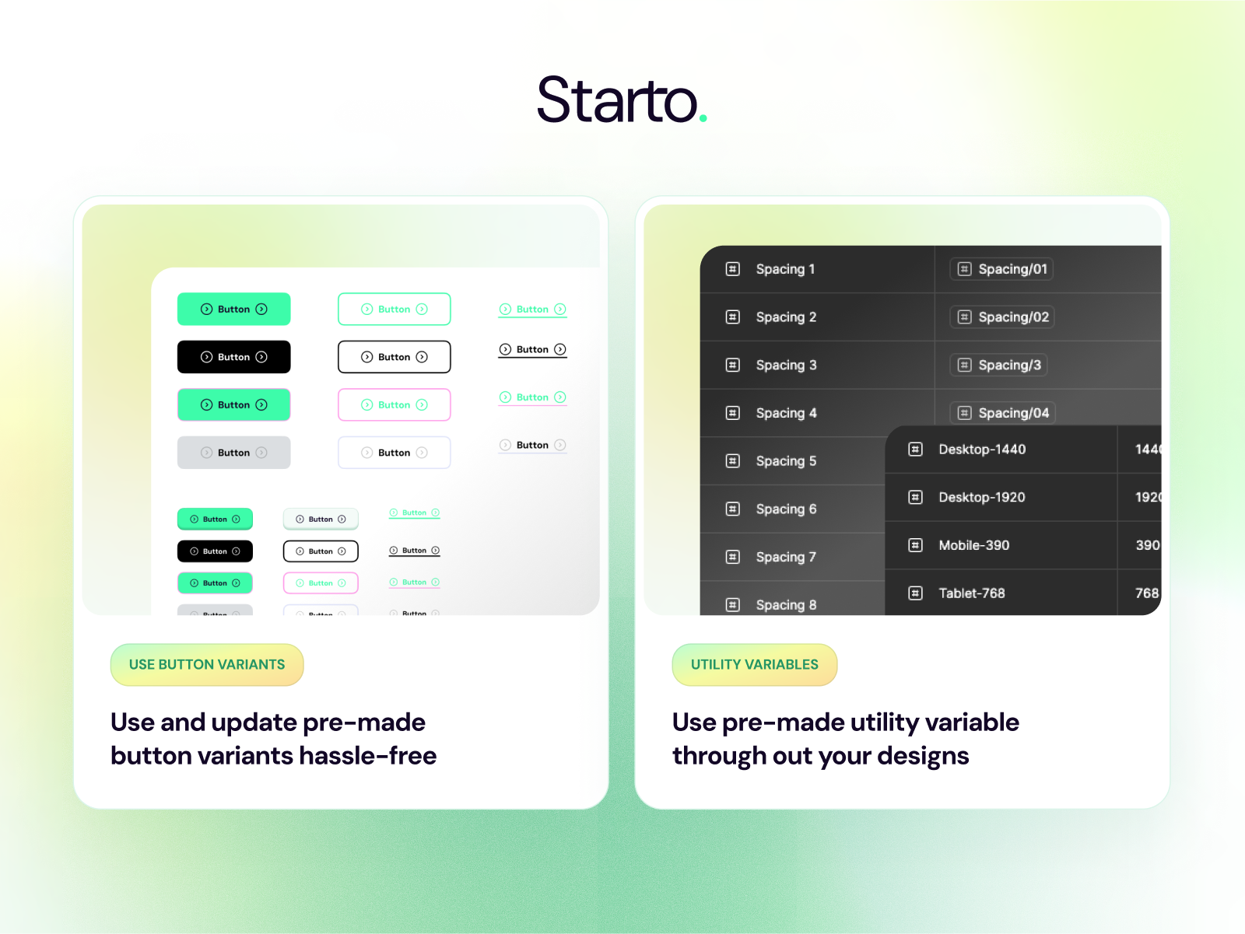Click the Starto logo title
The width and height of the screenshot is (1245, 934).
[x=618, y=100]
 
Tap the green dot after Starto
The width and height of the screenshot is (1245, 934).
[x=703, y=118]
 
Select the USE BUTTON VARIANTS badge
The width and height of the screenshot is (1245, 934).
[x=207, y=665]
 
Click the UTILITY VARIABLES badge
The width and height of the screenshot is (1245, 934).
[x=754, y=665]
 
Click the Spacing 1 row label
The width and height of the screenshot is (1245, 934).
[x=785, y=269]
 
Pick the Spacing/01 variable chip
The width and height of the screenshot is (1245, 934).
[x=1001, y=269]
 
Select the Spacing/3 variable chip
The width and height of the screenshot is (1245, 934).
[x=998, y=365]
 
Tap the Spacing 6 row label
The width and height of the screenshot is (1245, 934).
[x=786, y=509]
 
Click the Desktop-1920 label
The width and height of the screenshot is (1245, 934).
[x=981, y=498]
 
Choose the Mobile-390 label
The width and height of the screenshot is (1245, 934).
[x=973, y=545]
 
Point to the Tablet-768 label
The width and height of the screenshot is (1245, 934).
[x=971, y=593]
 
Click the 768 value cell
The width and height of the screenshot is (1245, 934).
[x=1146, y=593]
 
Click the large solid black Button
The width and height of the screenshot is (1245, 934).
[x=233, y=357]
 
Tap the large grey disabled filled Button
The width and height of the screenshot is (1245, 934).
[x=233, y=453]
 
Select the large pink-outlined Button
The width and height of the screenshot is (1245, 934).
[x=394, y=405]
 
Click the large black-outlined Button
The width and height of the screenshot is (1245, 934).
[x=394, y=357]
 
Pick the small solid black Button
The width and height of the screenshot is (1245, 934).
[x=215, y=551]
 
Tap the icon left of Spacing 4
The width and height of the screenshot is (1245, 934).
[x=732, y=413]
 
